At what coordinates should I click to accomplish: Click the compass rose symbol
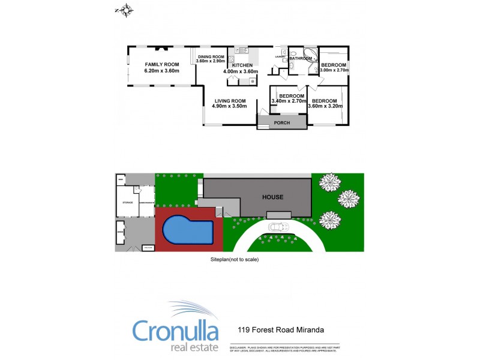point(125,10)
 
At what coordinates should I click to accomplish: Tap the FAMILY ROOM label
point(162,64)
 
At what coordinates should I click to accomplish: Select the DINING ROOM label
point(210,56)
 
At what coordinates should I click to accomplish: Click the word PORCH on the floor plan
point(281,123)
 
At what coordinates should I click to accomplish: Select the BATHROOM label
point(301,59)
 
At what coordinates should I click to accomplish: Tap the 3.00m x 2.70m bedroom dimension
point(334,70)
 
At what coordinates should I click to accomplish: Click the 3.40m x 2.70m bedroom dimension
point(289,101)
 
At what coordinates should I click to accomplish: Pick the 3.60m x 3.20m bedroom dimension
point(325,106)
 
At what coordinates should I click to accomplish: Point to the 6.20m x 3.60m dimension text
point(162,71)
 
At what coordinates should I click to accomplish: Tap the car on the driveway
point(280,227)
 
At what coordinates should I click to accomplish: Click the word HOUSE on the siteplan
point(272,197)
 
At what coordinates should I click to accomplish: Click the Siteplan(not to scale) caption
point(234,260)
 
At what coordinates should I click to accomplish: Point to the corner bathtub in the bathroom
point(309,56)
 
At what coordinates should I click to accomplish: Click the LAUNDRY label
point(280,56)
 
